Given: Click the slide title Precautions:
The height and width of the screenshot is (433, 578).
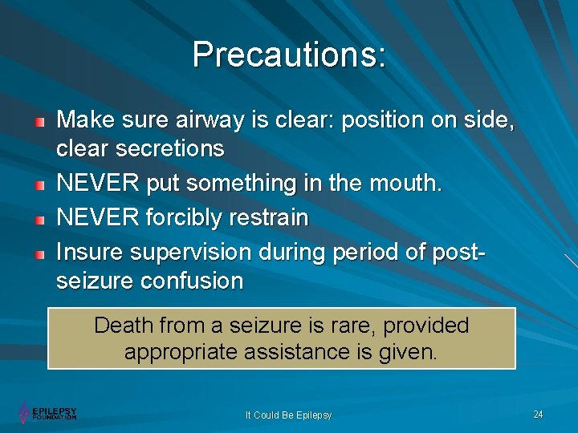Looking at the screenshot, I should (289, 55).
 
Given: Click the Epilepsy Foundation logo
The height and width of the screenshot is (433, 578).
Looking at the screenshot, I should (47, 412).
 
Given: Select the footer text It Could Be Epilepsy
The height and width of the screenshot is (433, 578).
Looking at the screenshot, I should (288, 415).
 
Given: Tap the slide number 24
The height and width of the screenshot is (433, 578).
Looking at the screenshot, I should (538, 414).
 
